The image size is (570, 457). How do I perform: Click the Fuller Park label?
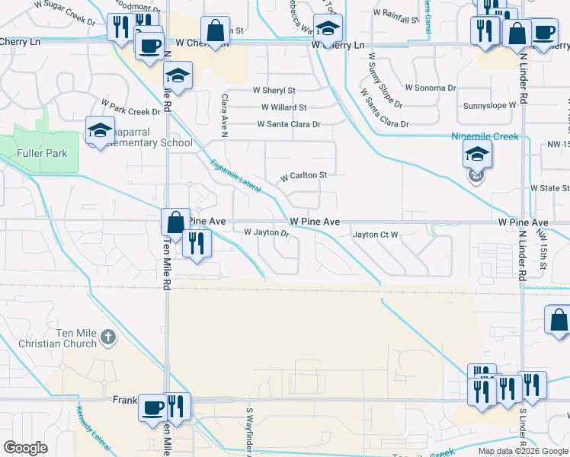[43, 153]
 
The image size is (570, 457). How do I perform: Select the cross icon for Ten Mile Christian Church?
[109, 335]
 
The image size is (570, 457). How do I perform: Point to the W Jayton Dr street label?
[266, 232]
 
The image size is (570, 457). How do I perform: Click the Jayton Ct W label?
[375, 235]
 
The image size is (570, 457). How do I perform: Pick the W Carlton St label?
[303, 175]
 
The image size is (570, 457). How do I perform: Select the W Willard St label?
[283, 107]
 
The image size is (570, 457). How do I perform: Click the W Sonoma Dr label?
[431, 88]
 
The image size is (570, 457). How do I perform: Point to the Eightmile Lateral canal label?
[235, 174]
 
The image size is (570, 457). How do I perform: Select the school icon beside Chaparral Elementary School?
[100, 130]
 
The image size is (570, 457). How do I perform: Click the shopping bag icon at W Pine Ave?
[175, 222]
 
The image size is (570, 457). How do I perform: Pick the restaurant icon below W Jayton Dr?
[197, 243]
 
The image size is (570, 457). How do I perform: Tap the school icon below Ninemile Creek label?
[476, 155]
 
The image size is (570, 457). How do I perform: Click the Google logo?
[25, 448]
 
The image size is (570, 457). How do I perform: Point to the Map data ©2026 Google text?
[522, 451]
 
